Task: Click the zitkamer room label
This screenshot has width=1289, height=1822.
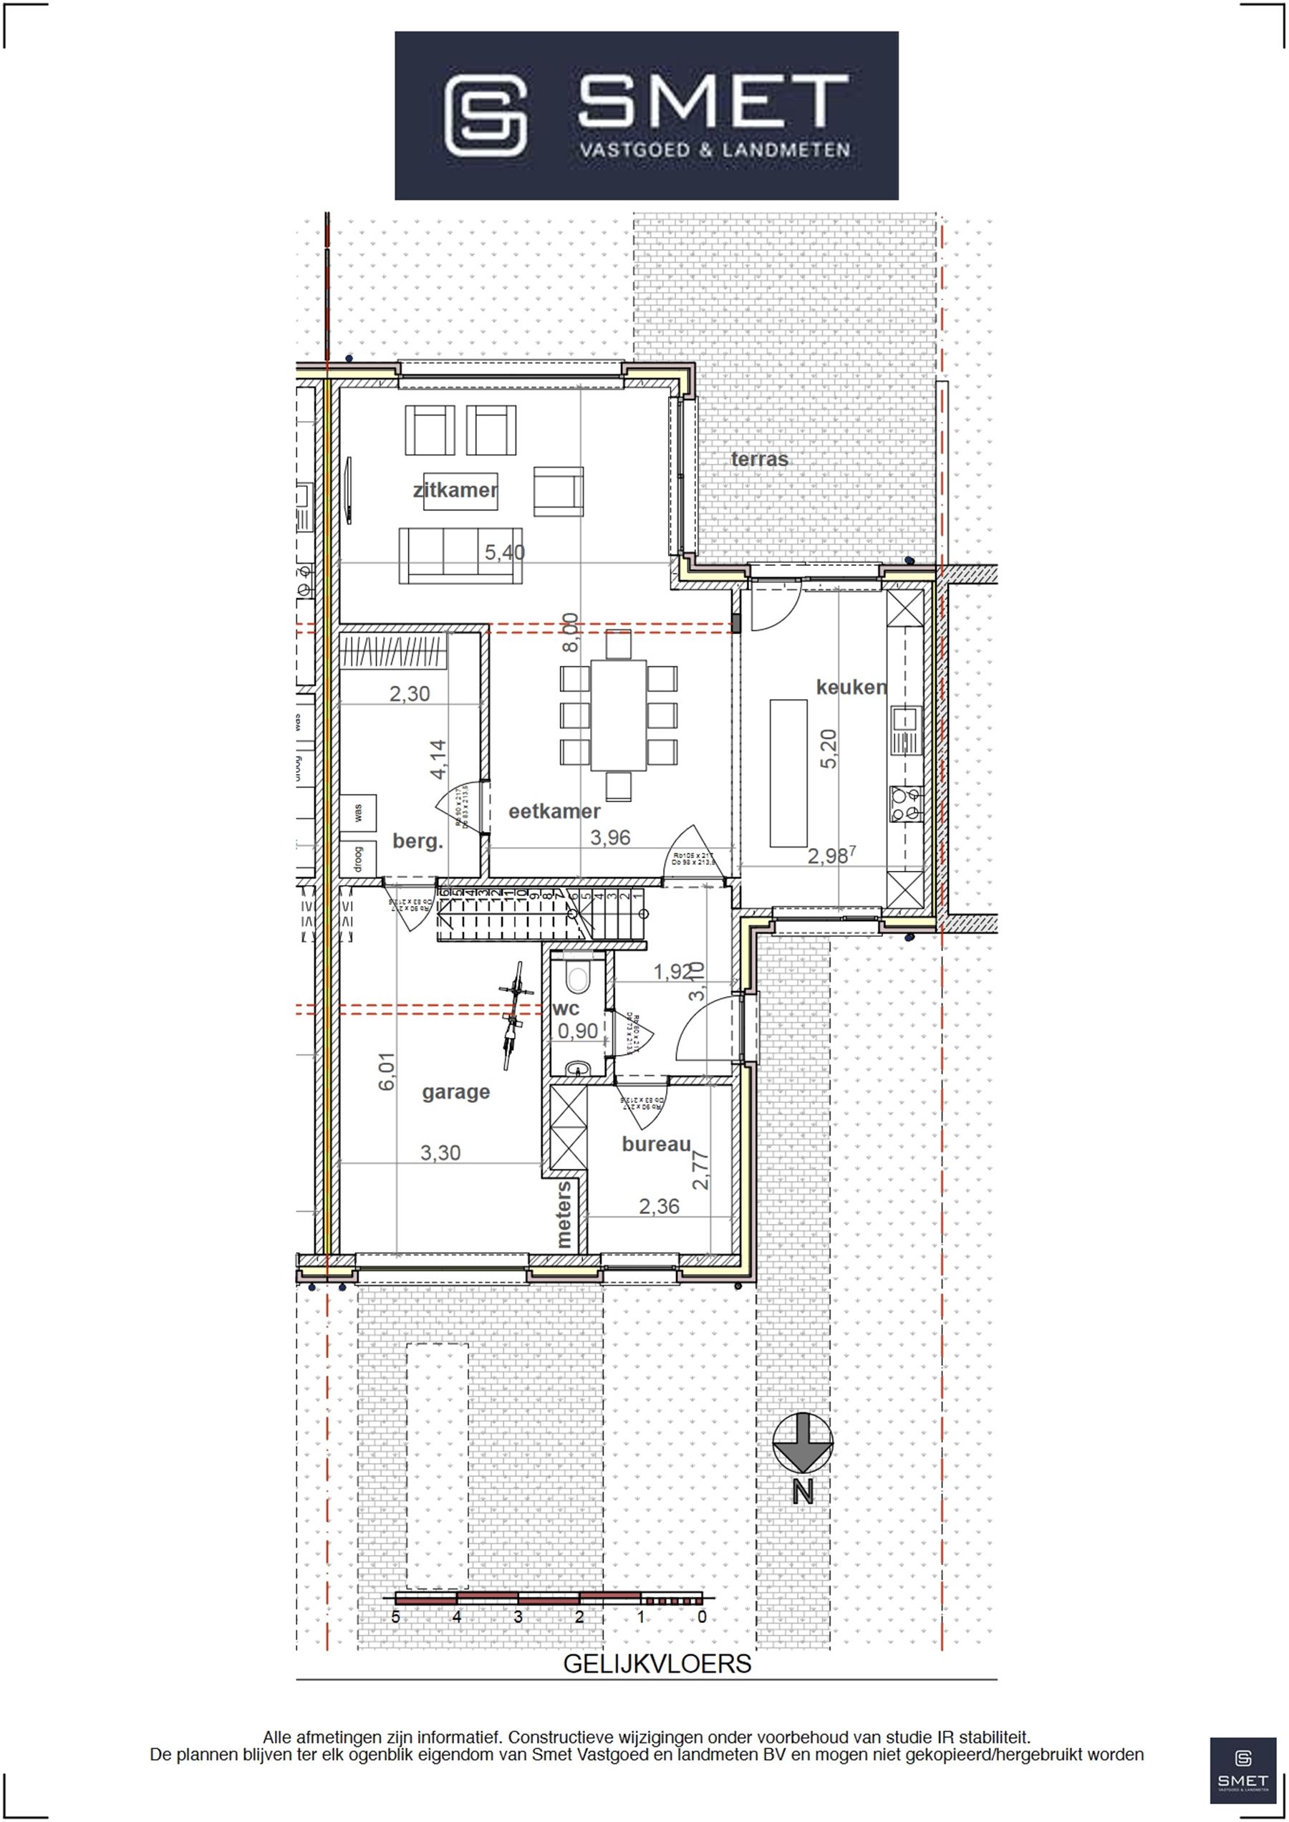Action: coord(455,490)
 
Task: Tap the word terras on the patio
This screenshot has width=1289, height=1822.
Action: coord(760,459)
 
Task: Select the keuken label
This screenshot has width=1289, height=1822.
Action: coord(851,687)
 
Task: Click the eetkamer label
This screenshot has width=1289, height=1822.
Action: coord(554,811)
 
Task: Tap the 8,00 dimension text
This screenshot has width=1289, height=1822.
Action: coord(570,632)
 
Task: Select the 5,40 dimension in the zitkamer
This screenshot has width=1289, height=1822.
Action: coord(505,551)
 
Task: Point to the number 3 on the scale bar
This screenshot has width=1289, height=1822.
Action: coord(518,1616)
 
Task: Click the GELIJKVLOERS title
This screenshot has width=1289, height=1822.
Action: coord(657,1663)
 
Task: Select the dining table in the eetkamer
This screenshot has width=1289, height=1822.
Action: coord(618,715)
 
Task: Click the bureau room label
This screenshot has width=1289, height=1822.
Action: coord(656,1144)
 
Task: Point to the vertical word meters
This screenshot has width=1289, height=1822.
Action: coord(564,1214)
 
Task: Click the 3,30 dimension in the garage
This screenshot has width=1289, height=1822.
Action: coord(440,1153)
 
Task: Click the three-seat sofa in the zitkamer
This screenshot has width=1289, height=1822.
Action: coord(460,555)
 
